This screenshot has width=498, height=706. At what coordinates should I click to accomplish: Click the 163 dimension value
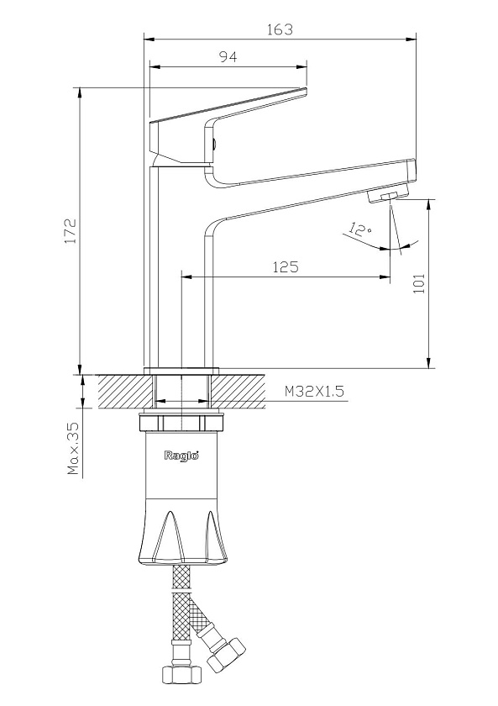(280, 29)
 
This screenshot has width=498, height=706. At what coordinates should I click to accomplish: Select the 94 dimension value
(228, 57)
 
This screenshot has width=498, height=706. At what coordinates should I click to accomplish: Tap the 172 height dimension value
(71, 231)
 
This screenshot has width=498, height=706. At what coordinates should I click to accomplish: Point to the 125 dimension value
(286, 267)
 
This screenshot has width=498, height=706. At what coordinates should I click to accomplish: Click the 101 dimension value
(419, 284)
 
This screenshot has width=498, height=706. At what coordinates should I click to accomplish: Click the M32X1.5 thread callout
(314, 391)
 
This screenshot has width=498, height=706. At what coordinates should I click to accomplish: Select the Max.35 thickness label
(72, 449)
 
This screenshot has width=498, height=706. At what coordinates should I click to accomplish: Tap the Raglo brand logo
(181, 456)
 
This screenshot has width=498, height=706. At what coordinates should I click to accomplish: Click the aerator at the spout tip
(384, 197)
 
